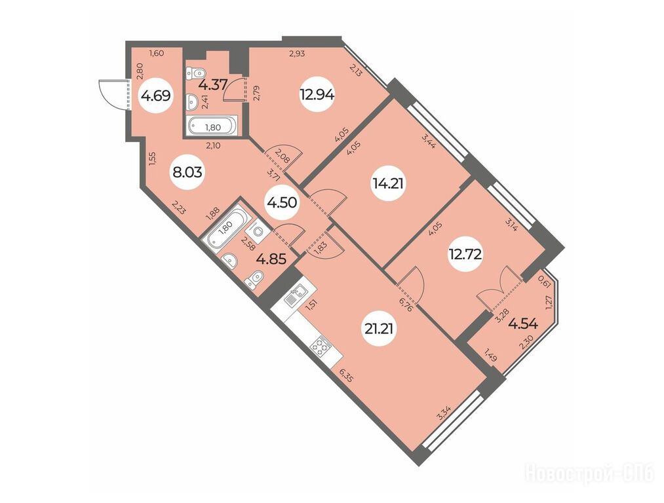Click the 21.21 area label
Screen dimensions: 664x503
380,328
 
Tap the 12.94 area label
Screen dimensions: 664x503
317,95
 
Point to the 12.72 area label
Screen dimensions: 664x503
465,254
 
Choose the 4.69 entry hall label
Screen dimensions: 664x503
156,96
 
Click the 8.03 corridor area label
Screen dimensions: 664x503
187,172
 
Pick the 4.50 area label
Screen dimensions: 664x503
281,202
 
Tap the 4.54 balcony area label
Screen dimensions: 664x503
523,324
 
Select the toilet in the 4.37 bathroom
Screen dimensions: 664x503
195,73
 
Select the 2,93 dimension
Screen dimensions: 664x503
297,53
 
